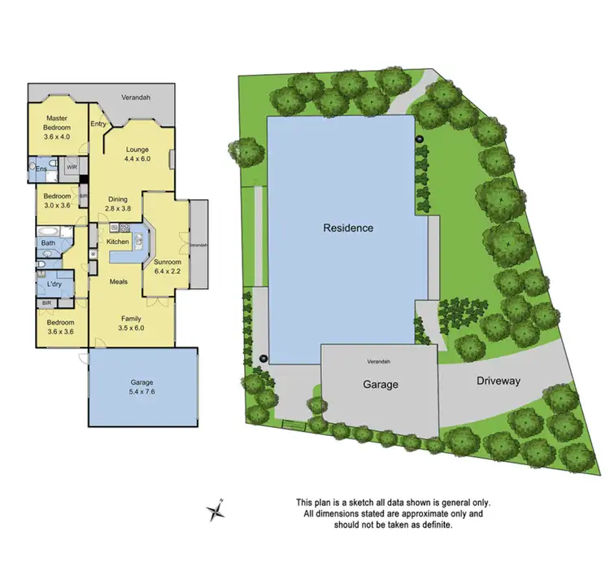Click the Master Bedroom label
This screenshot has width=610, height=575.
tap(57, 128)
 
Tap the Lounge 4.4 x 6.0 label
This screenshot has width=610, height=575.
tap(137, 155)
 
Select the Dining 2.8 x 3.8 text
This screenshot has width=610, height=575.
tap(122, 203)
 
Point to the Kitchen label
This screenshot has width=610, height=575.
tap(118, 242)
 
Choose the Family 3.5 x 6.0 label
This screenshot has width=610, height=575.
tap(131, 323)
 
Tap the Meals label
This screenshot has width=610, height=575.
tap(121, 281)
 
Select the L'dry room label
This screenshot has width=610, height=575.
tap(55, 284)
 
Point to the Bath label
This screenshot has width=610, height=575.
tap(48, 242)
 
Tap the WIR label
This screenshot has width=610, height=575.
tap(72, 168)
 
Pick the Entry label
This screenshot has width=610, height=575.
tap(98, 124)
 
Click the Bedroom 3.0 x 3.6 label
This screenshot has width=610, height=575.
tap(56, 201)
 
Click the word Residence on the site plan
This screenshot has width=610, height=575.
tap(347, 228)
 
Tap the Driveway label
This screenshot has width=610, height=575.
tap(499, 381)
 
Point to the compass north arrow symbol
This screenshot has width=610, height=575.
tap(216, 512)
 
